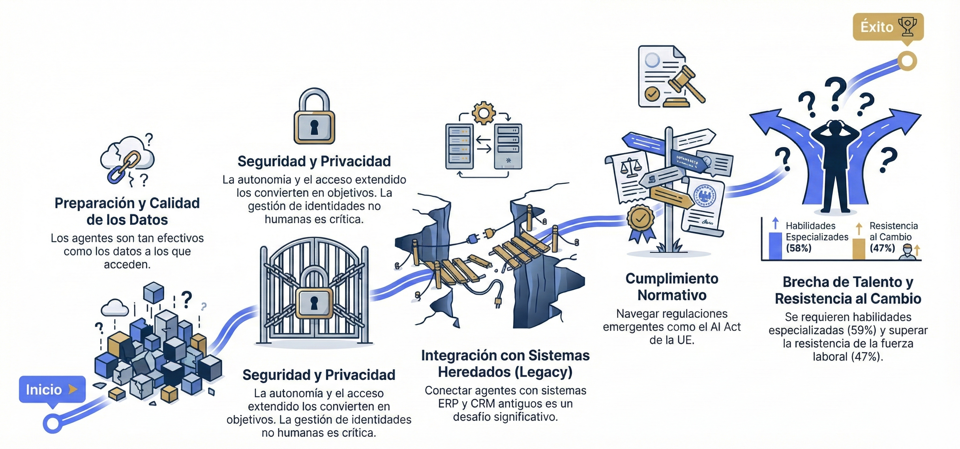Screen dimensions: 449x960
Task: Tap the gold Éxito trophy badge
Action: (888, 27)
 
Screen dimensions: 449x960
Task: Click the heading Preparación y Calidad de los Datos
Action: (127, 211)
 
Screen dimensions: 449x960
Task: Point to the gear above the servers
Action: (484, 113)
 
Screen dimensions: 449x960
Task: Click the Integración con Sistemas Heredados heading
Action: (505, 363)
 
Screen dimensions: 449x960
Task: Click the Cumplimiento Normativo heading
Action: (671, 287)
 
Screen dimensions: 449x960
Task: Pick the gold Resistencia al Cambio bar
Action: (859, 248)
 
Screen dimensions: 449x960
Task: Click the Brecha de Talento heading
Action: (848, 290)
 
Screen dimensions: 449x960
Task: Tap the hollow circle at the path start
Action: (53, 423)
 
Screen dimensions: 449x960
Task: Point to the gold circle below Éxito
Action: (907, 61)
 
